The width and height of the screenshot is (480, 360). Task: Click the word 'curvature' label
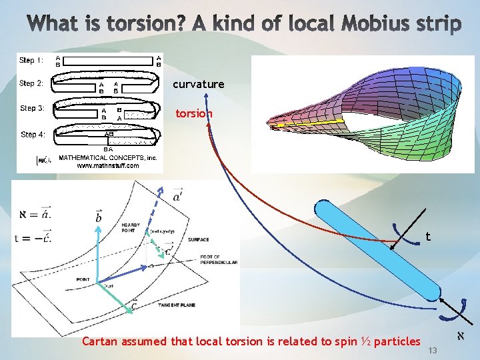click(198, 85)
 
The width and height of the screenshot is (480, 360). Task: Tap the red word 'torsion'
click(193, 113)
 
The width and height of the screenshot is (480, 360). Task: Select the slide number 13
click(432, 351)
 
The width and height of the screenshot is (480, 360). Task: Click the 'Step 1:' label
click(31, 60)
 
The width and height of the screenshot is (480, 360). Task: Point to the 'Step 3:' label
click(32, 108)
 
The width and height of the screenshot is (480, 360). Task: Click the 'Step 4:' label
click(33, 134)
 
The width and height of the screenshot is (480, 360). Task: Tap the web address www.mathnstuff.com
click(107, 165)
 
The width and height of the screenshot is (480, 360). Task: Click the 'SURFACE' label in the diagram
click(198, 239)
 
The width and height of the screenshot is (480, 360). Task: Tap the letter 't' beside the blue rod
click(428, 236)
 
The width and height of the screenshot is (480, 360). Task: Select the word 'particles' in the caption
click(397, 341)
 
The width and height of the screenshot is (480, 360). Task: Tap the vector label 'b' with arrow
click(98, 217)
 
